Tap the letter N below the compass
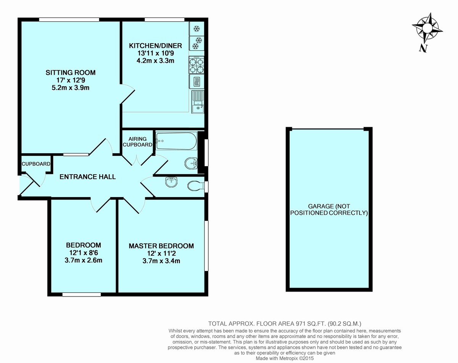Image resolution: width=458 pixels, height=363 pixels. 423,49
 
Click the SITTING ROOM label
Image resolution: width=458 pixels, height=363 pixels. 71,73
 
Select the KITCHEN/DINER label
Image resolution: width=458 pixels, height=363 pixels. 155,45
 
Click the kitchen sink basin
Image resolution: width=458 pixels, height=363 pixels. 198,109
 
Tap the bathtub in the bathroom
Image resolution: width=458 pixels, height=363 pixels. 176,141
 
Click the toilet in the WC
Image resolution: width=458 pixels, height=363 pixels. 196,186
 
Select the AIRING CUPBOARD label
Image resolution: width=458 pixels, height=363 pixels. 137,142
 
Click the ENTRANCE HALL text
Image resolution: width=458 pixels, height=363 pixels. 87,177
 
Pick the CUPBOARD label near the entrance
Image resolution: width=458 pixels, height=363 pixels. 36,164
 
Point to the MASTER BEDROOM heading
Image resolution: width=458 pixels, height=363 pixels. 161,246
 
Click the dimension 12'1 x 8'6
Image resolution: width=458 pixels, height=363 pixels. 84,253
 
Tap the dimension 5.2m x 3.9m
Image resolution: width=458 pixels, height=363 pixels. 71,88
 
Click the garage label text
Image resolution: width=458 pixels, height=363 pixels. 329,209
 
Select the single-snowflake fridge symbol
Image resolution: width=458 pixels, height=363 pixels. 197,28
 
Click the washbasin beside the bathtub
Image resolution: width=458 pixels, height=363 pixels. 191,164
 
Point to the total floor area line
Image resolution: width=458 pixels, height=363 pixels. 285,324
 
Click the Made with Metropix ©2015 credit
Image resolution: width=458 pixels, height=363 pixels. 285,358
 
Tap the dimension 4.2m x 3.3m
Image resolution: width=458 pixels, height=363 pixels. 155,61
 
